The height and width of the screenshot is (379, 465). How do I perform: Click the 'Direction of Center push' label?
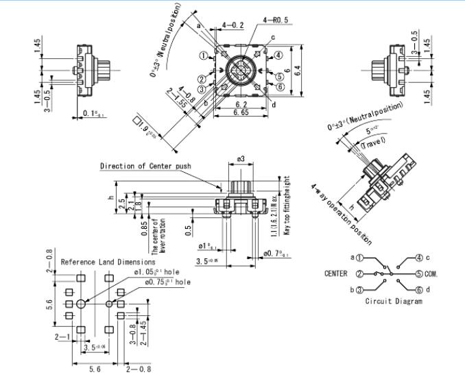[x=145, y=166]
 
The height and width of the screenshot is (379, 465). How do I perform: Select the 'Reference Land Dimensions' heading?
[x=108, y=262]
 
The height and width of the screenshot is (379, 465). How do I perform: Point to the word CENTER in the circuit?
[x=335, y=273]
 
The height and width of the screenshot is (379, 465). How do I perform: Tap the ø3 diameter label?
[x=241, y=159]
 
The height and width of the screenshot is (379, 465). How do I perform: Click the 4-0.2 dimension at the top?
[x=232, y=25]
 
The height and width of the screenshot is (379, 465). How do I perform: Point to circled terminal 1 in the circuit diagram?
[x=361, y=258]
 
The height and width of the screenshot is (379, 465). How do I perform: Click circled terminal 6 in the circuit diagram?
[x=418, y=289]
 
